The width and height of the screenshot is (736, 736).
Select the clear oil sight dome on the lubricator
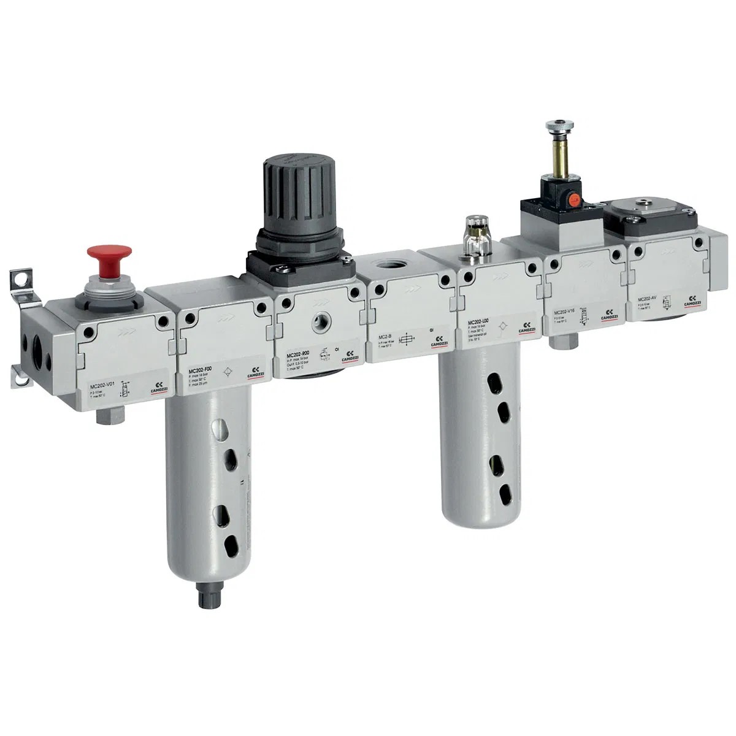pos(472,228)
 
